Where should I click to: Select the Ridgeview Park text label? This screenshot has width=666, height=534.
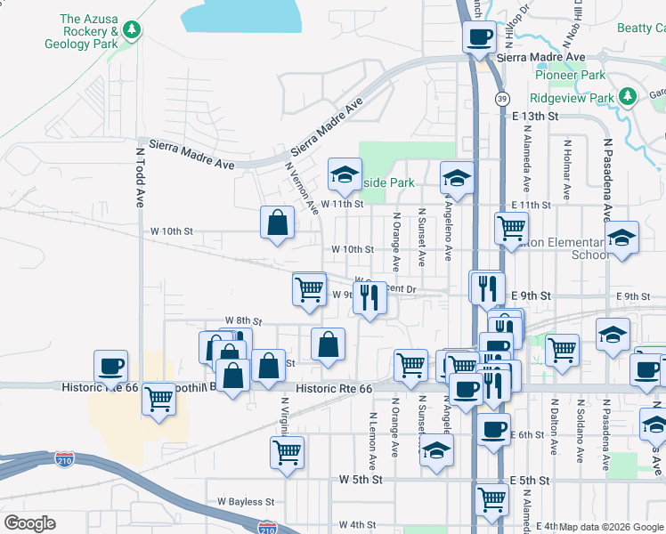[x=572, y=98]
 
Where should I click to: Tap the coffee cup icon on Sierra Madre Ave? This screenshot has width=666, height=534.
[x=479, y=37]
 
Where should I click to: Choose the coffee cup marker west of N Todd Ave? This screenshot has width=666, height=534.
[x=111, y=366]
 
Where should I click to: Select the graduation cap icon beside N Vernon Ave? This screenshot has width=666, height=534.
[x=344, y=174]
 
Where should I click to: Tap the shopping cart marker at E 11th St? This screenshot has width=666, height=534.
[x=511, y=228]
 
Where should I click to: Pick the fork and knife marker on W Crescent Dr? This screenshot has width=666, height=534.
[x=370, y=297]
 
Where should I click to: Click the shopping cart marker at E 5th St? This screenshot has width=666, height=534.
[x=491, y=500]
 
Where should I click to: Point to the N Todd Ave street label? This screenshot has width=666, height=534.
[x=140, y=179]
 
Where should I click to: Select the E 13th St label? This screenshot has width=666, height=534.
[x=535, y=117]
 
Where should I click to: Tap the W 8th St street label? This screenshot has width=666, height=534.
[x=243, y=320]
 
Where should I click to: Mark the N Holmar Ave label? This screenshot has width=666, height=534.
[x=567, y=165]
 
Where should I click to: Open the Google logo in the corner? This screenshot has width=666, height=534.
[x=29, y=523]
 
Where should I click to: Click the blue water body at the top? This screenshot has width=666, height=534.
[x=240, y=18]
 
